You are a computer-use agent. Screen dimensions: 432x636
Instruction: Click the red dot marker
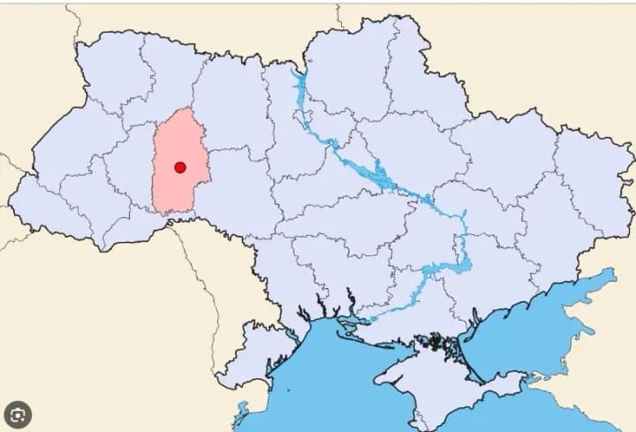(180, 167)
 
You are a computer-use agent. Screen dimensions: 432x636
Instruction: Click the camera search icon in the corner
(19, 413)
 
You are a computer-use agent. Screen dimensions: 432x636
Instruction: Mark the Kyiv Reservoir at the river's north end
(300, 84)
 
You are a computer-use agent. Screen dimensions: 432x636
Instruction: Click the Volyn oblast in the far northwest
(106, 66)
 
